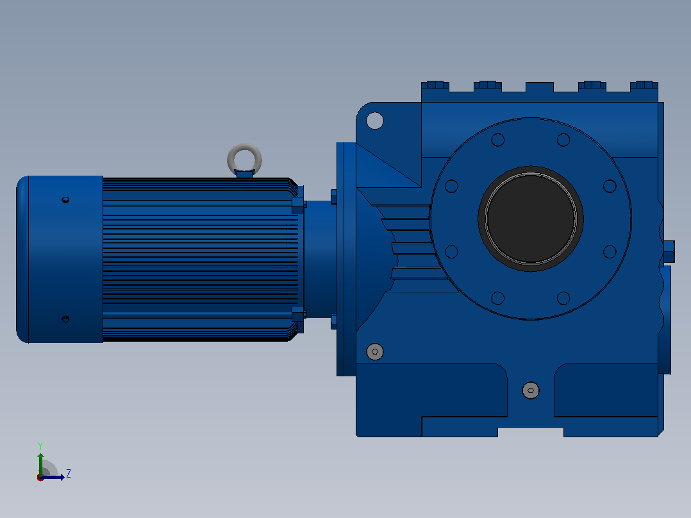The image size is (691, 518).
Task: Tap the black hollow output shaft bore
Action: [x=531, y=219]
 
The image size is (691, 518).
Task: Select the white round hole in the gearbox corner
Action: [x=374, y=121]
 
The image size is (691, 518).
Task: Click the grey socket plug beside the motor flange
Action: [x=374, y=351]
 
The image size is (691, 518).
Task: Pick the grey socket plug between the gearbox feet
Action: [x=531, y=390]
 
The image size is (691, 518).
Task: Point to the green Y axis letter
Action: [x=40, y=446]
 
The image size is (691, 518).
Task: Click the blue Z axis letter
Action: [x=69, y=474]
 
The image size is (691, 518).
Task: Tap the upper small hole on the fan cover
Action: [x=65, y=200]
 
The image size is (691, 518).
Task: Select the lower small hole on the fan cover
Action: [x=65, y=319]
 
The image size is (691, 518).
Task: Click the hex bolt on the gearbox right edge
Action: [x=669, y=252]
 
